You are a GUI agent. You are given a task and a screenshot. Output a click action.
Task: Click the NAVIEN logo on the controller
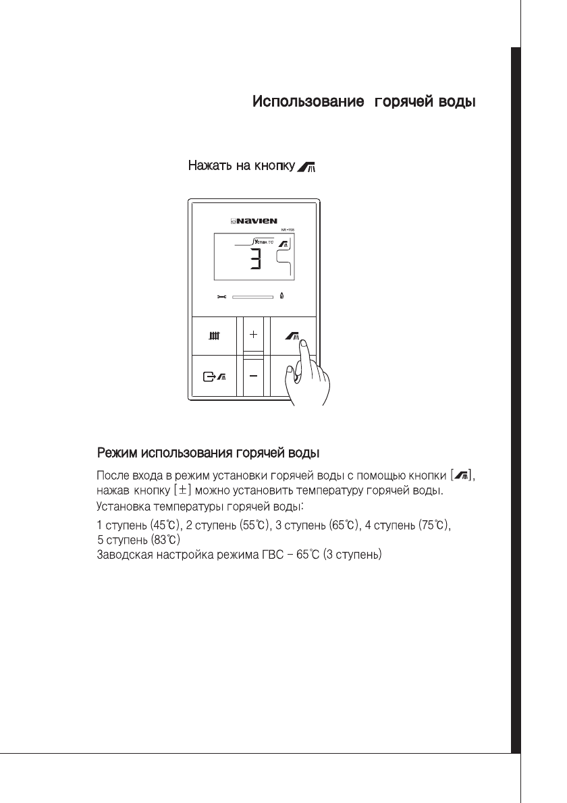coord(254,219)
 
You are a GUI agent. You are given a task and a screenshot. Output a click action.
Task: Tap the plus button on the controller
coord(253,334)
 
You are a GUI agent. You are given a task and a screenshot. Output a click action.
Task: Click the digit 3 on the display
coord(254,258)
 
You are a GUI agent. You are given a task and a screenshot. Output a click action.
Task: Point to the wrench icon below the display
coord(221,296)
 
